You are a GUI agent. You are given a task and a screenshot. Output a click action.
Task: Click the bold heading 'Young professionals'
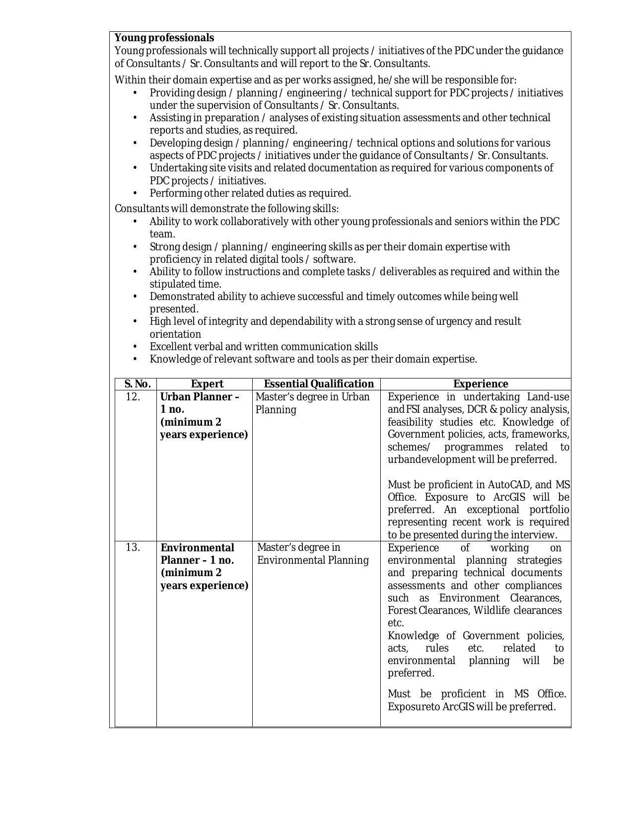coord(164,38)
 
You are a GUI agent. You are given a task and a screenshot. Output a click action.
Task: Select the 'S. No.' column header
coord(137,384)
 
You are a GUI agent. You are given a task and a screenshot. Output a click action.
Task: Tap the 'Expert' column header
coord(207,384)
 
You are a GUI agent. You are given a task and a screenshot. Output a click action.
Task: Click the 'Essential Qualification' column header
coord(319,384)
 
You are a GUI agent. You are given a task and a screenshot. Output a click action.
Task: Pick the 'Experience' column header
coord(481,384)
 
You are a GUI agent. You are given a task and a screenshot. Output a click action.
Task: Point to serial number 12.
coord(133,397)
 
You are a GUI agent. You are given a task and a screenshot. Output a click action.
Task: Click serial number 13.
coord(133,547)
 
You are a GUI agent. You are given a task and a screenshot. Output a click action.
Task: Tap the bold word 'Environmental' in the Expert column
coord(198,548)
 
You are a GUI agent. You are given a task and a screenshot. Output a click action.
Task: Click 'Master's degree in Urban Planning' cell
coord(312,403)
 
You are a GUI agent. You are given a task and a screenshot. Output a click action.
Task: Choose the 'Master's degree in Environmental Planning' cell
coord(313,554)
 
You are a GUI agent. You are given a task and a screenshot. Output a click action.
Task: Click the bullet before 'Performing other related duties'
coord(135,193)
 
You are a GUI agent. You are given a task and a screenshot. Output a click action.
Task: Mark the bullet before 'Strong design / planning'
coord(135,247)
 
